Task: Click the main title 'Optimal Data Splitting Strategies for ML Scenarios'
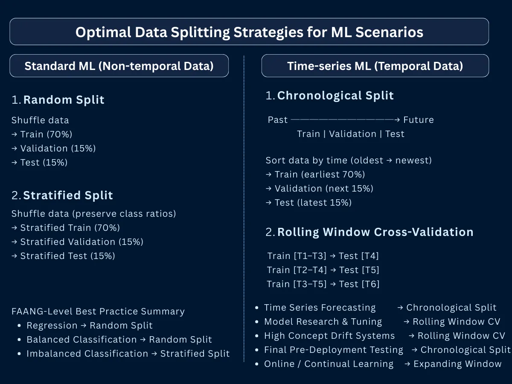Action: point(249,32)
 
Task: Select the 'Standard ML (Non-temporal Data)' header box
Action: point(119,66)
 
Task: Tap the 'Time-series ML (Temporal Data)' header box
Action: point(375,66)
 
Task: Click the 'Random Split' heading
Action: point(64,100)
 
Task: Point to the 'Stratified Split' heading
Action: point(68,195)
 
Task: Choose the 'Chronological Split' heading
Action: point(335,96)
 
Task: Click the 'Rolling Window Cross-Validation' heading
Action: point(375,232)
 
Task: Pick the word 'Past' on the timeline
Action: point(278,120)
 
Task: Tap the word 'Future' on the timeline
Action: point(418,120)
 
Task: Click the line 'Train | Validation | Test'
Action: point(350,134)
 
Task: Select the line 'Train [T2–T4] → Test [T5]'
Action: point(323,270)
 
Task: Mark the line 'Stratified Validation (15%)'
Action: point(81,242)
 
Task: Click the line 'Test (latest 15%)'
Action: point(313,203)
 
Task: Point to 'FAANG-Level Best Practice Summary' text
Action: point(98,311)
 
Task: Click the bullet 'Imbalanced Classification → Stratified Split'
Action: point(128,354)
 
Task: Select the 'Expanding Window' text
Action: point(457,364)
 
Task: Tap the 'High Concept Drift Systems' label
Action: point(329,336)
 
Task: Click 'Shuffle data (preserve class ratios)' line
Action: point(93,214)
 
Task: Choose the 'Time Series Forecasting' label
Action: point(320,308)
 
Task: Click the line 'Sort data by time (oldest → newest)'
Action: point(349,160)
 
